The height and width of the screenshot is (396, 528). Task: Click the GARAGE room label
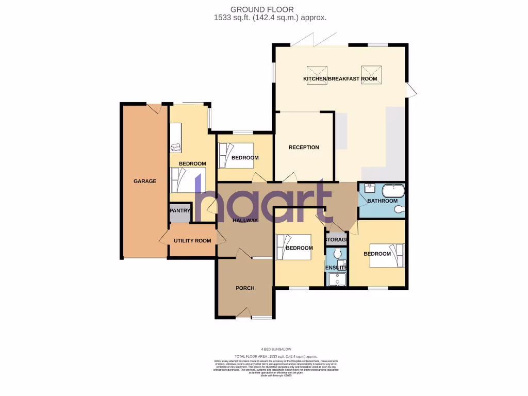(145, 181)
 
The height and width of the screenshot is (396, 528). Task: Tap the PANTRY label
(179, 211)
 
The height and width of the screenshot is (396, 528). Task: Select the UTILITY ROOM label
(192, 241)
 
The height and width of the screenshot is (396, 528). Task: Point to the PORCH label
(245, 288)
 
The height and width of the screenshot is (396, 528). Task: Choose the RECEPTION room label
(304, 147)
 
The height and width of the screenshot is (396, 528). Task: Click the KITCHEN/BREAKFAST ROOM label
(340, 79)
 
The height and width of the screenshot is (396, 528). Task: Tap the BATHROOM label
(382, 201)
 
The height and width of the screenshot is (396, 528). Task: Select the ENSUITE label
(336, 268)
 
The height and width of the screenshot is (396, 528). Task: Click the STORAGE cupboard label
(336, 240)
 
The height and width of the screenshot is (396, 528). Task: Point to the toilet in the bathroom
(399, 210)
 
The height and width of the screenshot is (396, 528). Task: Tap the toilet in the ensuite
(336, 253)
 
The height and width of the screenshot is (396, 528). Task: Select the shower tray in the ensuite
(337, 279)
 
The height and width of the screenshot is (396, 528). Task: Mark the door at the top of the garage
(153, 108)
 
